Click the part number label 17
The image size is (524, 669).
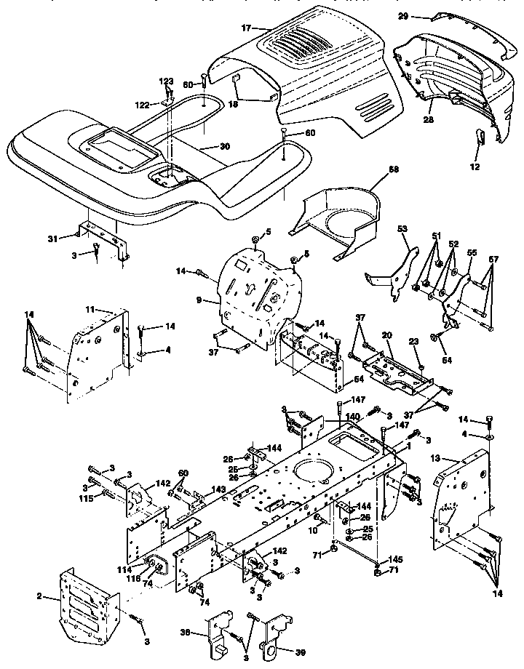[x=245, y=28]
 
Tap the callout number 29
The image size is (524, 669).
[x=424, y=15]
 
